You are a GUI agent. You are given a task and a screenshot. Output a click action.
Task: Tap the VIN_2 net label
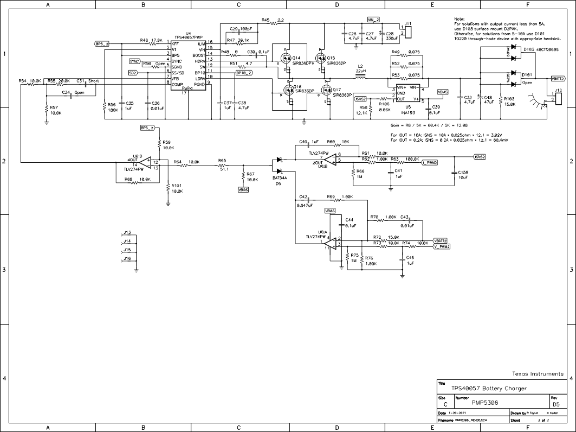tap(373, 20)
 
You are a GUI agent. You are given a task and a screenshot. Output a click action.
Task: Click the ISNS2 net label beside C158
tap(479, 157)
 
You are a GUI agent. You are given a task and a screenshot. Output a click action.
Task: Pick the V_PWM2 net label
tap(442, 246)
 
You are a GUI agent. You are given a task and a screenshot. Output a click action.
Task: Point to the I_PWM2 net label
tap(429, 162)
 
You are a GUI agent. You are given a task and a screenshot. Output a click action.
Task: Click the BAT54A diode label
tap(280, 177)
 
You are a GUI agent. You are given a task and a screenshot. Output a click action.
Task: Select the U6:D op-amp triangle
tap(145, 162)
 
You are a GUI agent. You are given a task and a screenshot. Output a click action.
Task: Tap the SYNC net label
tap(134, 61)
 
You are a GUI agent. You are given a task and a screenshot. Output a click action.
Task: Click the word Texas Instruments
tap(538, 374)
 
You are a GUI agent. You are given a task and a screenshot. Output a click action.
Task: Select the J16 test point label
tap(127, 259)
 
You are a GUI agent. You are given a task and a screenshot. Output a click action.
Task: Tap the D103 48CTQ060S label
tap(541, 49)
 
